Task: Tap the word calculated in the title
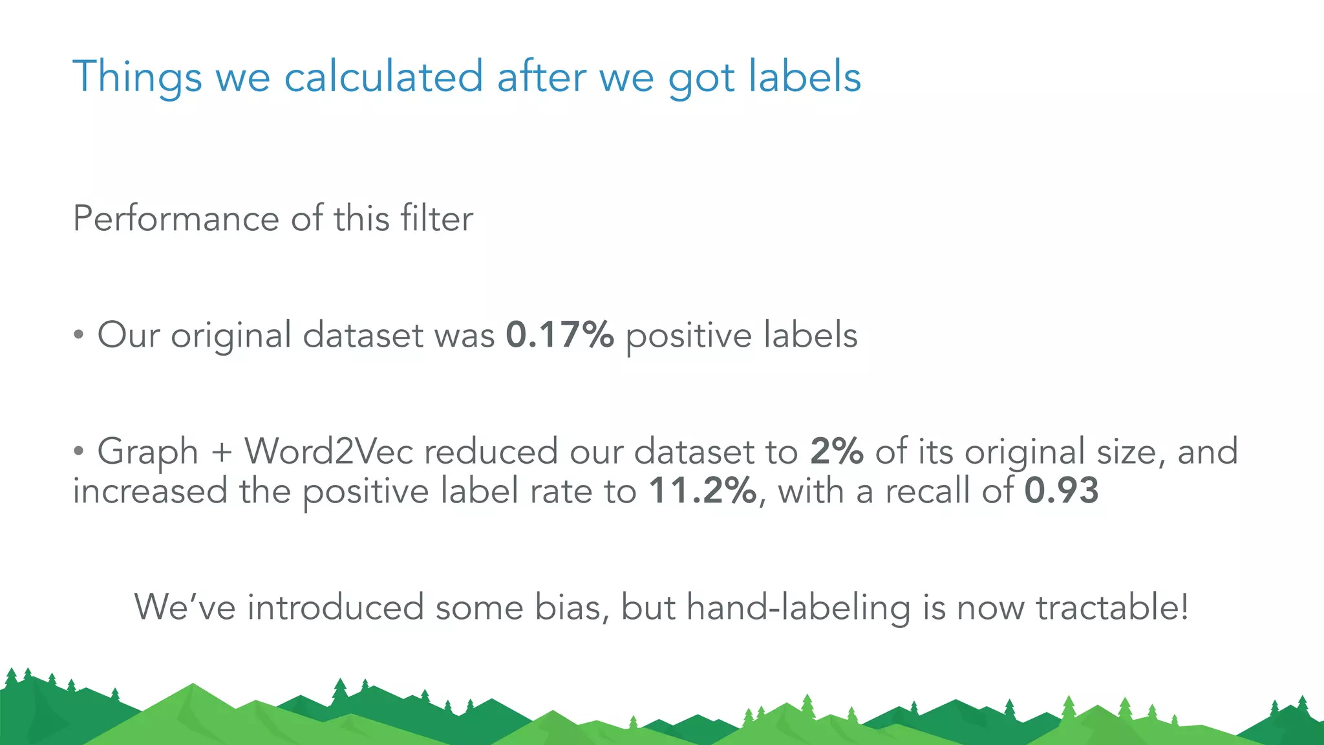click(x=383, y=77)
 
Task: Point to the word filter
click(x=436, y=219)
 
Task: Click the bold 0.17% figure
click(x=559, y=335)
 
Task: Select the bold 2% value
click(x=837, y=451)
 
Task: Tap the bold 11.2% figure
click(x=702, y=491)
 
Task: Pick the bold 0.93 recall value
click(x=1062, y=491)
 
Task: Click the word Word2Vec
click(x=328, y=451)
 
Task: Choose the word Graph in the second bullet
click(x=147, y=451)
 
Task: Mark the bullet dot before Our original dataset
click(x=78, y=336)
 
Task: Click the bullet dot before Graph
click(x=78, y=452)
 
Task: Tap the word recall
click(x=927, y=491)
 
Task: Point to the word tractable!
click(x=1112, y=607)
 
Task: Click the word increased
click(x=150, y=491)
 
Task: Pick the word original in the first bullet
click(x=231, y=336)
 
